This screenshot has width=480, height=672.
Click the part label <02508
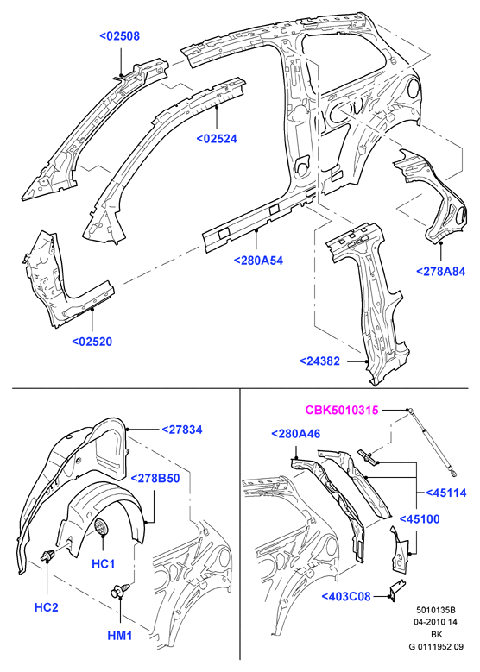tap(120, 36)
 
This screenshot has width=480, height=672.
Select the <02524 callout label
tap(217, 139)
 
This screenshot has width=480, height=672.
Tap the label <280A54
tap(258, 261)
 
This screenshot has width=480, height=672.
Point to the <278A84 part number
tap(440, 271)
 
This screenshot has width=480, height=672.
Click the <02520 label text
tap(92, 342)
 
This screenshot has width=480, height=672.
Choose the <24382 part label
tap(319, 361)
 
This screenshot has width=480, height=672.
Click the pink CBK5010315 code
tap(342, 410)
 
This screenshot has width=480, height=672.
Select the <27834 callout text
tap(182, 430)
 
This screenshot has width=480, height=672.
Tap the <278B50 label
tap(155, 478)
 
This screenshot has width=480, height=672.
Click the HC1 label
tap(104, 563)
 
